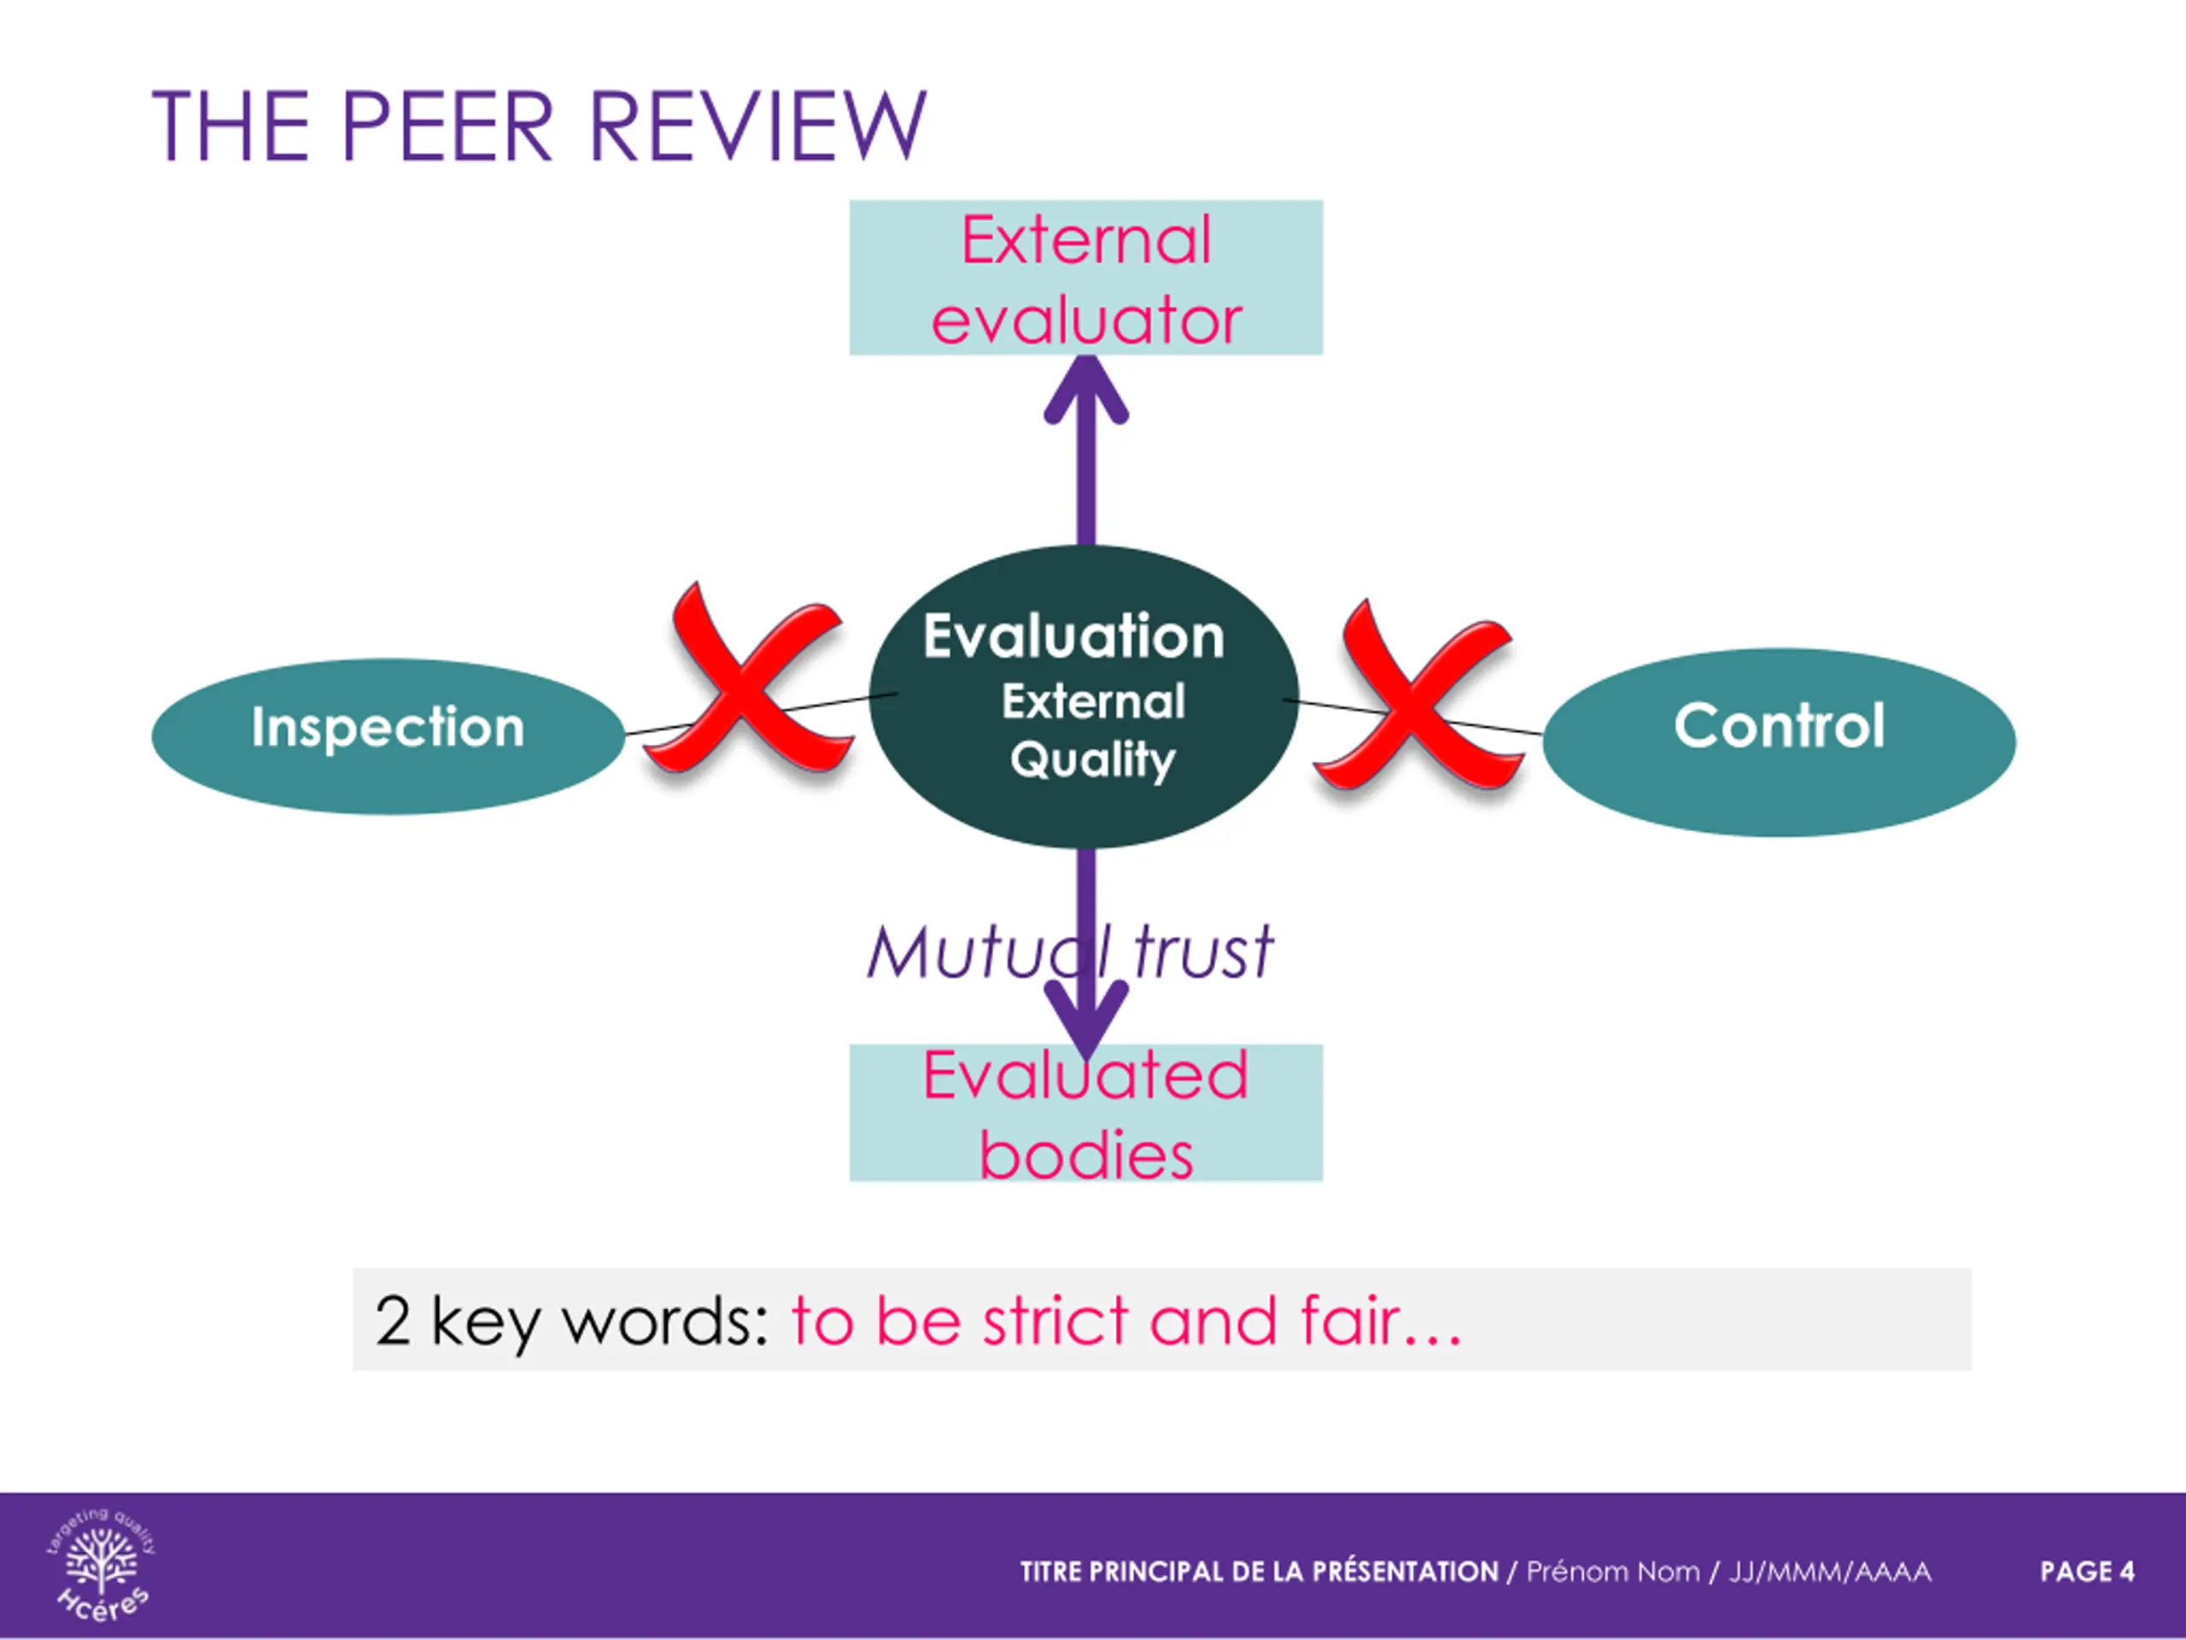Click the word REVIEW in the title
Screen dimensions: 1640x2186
click(758, 126)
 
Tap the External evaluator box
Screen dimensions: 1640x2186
click(1085, 278)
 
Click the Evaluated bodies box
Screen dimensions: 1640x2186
click(1085, 1113)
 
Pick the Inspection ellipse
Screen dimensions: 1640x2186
click(388, 735)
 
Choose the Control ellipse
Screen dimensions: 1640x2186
click(1778, 741)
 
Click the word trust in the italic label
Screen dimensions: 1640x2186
click(1202, 953)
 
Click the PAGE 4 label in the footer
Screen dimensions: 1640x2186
click(2086, 1572)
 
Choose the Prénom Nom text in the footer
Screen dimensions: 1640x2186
click(1612, 1572)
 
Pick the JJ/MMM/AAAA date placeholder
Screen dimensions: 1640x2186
click(1829, 1572)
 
